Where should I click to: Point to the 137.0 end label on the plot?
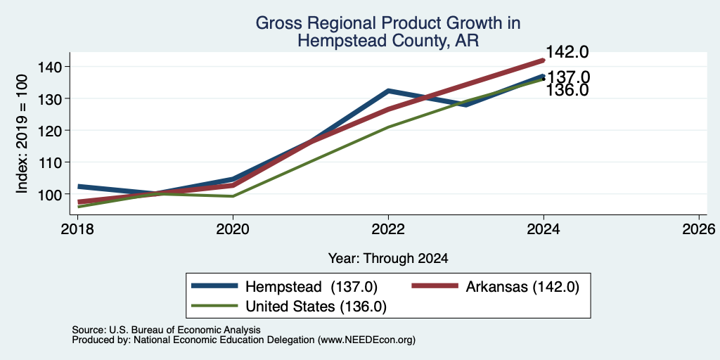click(x=567, y=77)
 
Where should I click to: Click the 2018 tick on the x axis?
click(x=77, y=229)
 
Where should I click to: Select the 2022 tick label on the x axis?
click(x=388, y=229)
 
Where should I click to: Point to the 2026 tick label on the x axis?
click(x=699, y=229)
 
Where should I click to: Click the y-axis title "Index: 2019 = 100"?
click(x=22, y=134)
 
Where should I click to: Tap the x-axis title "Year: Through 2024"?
click(x=388, y=259)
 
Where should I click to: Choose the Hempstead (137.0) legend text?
click(x=311, y=287)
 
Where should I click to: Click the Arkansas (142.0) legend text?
click(x=522, y=287)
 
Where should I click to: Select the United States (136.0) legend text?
click(x=316, y=307)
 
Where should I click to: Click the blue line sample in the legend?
click(x=215, y=286)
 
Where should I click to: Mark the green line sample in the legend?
click(x=215, y=306)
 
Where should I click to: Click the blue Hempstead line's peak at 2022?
click(x=388, y=91)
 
